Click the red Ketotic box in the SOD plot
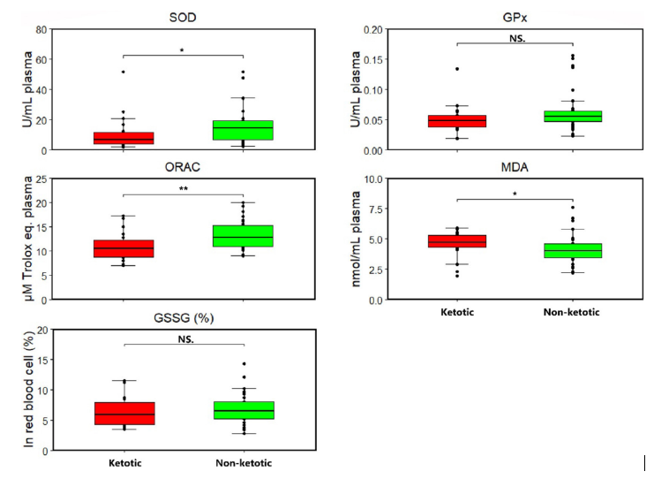point(124,138)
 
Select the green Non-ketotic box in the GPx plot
point(573,116)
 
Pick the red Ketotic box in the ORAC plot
point(124,248)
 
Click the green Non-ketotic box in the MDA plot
point(573,250)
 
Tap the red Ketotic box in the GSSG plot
point(124,413)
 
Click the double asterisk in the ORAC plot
point(182,188)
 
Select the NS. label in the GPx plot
point(515,38)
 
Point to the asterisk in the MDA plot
point(515,194)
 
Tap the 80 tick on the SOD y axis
point(41,29)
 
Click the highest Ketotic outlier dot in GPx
point(457,69)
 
